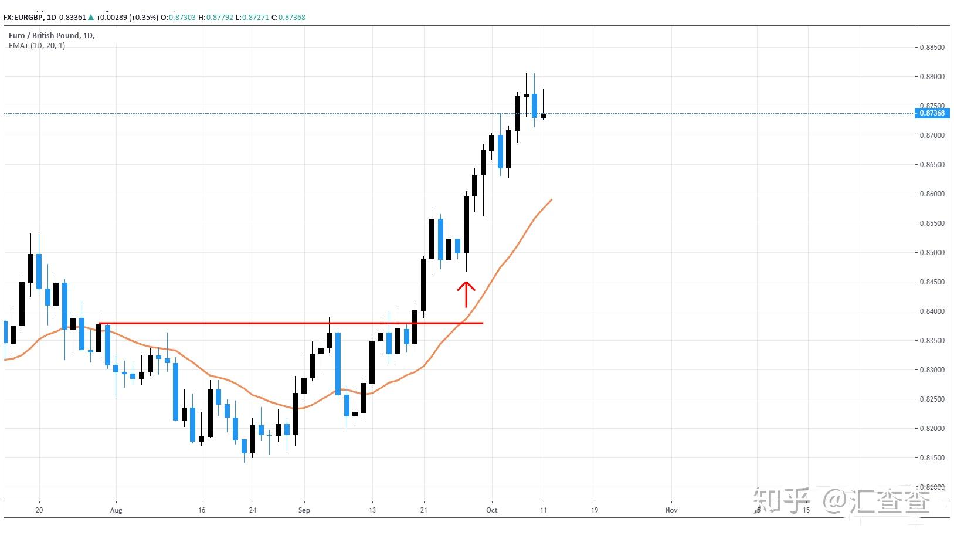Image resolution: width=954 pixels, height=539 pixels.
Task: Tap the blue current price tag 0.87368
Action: tap(932, 113)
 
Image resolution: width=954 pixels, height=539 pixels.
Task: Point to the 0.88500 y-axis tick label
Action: tap(932, 48)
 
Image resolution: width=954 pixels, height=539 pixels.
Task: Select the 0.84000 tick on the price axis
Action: tap(932, 311)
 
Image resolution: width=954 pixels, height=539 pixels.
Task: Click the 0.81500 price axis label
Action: tap(932, 458)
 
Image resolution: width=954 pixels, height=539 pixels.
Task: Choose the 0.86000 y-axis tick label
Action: tap(932, 194)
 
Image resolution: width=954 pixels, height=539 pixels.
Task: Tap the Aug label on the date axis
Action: tap(116, 510)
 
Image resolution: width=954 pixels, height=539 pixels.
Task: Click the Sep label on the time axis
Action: tap(304, 510)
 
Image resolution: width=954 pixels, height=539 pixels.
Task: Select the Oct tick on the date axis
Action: tap(491, 510)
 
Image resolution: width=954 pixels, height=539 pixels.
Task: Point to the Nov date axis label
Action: tap(671, 510)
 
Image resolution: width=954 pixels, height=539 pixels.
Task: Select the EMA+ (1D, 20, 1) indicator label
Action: tap(37, 46)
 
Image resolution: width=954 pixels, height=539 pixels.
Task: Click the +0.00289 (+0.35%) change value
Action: tap(127, 18)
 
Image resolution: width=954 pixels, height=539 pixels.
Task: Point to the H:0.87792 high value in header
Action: tap(215, 18)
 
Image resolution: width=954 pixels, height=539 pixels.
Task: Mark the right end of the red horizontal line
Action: tap(483, 323)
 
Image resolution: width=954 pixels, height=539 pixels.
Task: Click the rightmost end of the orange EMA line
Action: tap(552, 200)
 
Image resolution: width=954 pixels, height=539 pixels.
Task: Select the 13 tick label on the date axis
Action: tap(372, 510)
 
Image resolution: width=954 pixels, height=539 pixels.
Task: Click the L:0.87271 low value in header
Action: tap(253, 18)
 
